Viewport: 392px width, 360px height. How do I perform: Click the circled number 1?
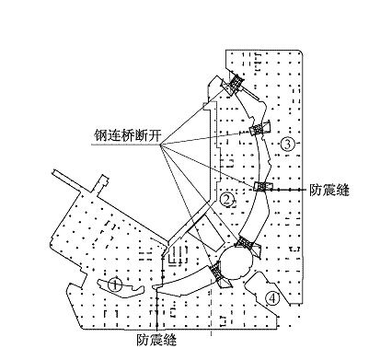point(115,285)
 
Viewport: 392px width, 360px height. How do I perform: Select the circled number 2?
point(226,200)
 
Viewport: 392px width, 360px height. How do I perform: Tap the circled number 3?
point(287,144)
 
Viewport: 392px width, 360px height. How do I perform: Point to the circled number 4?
point(272,298)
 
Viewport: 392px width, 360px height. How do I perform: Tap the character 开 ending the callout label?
point(155,135)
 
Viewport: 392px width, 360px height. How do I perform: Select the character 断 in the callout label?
point(141,135)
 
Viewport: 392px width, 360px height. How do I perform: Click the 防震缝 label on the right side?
point(329,191)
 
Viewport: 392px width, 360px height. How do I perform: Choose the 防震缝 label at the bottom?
point(156,340)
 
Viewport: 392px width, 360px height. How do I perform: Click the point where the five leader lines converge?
point(161,144)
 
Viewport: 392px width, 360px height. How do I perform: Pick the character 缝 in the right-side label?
point(342,191)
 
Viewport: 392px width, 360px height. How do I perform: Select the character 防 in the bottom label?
point(144,340)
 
